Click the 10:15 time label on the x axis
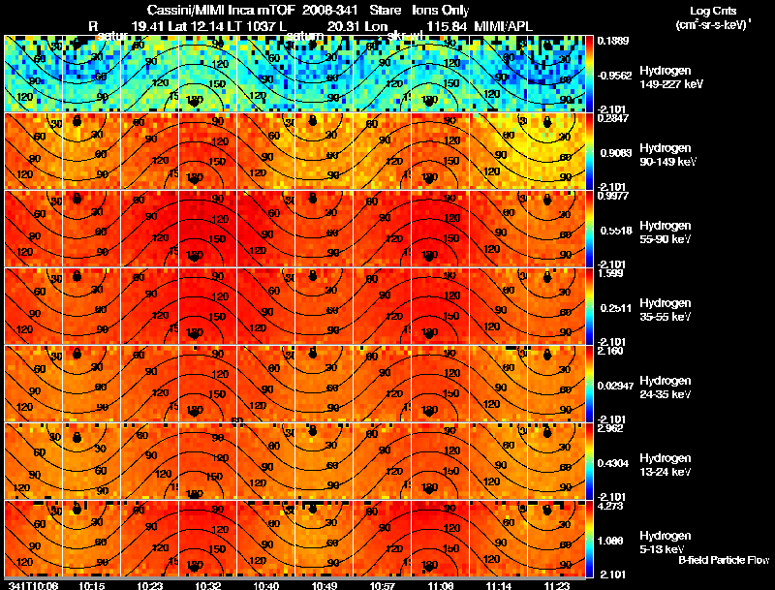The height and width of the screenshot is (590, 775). (92, 585)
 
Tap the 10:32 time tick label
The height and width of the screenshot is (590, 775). (208, 585)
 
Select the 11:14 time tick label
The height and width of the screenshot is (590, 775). (498, 585)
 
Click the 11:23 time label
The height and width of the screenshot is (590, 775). (556, 585)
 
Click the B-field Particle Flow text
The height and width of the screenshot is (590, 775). (723, 560)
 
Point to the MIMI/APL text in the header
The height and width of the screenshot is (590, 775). (502, 25)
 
